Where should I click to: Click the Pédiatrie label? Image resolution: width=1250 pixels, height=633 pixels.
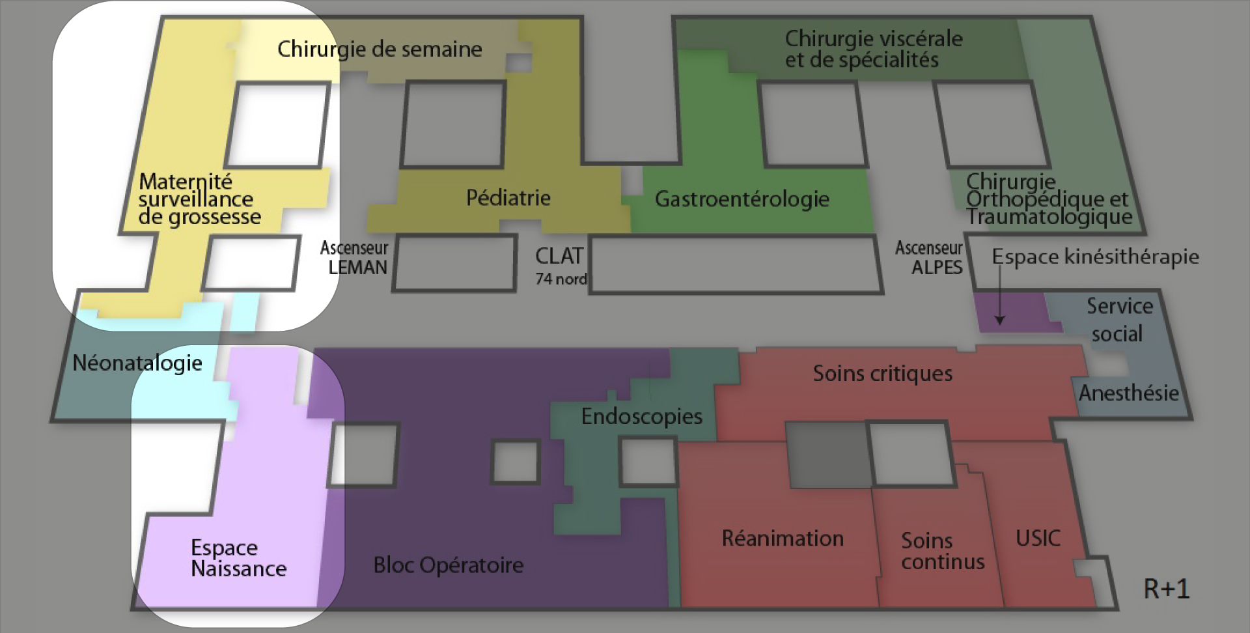tap(508, 197)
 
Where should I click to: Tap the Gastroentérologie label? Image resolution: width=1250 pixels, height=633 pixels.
tap(742, 199)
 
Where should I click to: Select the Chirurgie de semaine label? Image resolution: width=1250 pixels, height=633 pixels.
tap(380, 49)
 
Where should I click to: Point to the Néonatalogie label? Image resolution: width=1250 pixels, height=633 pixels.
tap(137, 363)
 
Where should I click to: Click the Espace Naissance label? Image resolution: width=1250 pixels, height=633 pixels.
tap(238, 558)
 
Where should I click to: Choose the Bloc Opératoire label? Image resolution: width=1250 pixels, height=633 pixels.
tap(448, 565)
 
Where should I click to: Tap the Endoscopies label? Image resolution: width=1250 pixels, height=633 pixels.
tap(641, 416)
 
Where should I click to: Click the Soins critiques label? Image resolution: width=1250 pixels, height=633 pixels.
tap(882, 373)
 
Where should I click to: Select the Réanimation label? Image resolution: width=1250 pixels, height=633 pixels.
tap(783, 538)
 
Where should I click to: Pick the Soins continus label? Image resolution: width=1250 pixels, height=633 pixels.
tap(942, 551)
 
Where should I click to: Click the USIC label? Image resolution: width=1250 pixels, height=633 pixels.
tap(1038, 538)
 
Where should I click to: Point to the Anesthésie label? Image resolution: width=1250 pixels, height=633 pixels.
tap(1128, 393)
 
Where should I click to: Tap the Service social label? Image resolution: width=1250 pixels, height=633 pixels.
tap(1118, 320)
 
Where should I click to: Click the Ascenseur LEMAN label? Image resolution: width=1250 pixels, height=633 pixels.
tap(355, 258)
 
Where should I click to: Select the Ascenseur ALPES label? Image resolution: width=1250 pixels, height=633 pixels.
tap(930, 258)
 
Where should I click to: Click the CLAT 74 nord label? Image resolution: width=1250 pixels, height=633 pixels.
tap(560, 266)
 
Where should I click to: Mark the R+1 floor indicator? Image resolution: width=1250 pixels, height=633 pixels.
tap(1166, 589)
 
